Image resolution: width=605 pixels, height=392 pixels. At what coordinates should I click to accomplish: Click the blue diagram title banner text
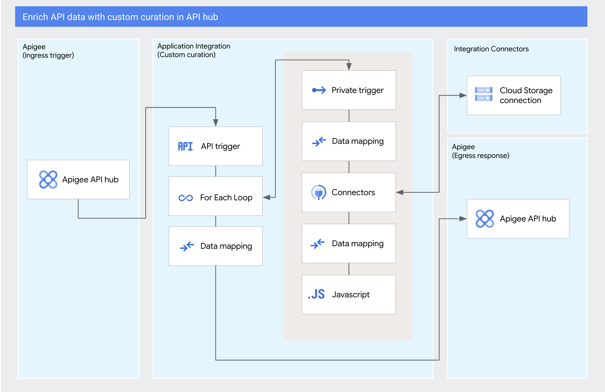(x=120, y=17)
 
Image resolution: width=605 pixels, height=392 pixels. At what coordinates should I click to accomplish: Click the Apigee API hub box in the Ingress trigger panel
(x=78, y=179)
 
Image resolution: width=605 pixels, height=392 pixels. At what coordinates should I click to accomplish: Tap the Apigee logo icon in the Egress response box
(x=485, y=218)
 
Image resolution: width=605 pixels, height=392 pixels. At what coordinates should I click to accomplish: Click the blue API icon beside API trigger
(x=185, y=146)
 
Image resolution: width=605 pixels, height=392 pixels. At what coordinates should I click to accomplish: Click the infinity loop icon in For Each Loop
(x=186, y=198)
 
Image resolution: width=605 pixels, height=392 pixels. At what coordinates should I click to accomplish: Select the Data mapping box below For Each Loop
(x=216, y=246)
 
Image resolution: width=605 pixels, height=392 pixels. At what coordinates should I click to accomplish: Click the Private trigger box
(x=349, y=90)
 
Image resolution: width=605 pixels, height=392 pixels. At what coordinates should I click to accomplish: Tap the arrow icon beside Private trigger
(x=319, y=90)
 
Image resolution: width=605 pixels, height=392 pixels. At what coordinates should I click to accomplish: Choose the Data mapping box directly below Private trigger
(x=349, y=141)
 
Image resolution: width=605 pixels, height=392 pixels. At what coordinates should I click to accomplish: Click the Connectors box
(x=349, y=192)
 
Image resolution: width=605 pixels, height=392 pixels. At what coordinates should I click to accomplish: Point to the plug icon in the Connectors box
(x=318, y=192)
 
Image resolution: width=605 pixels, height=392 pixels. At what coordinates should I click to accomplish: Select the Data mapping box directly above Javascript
(x=349, y=243)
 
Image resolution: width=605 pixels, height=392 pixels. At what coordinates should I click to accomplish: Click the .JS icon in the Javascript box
(x=317, y=294)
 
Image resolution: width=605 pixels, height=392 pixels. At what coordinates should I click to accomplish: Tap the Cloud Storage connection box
(x=513, y=95)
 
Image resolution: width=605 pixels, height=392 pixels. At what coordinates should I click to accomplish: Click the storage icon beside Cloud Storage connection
(x=484, y=94)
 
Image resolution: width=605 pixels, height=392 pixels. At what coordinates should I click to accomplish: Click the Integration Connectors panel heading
(x=491, y=49)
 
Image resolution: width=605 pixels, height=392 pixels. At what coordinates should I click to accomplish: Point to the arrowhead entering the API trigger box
(x=216, y=123)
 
